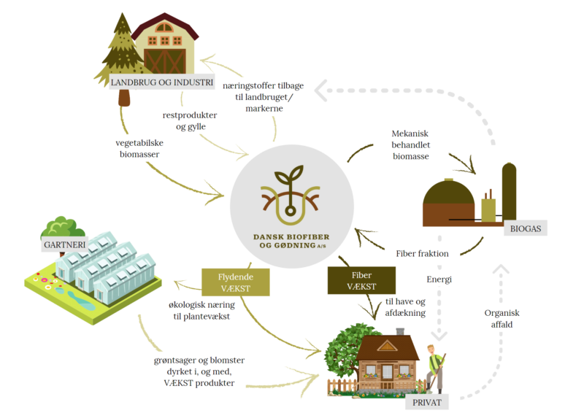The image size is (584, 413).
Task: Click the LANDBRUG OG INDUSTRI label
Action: (x=161, y=82)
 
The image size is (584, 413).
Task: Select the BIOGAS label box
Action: (x=525, y=228)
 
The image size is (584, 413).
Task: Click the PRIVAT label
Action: (x=426, y=401)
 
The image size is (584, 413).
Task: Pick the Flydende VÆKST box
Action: (x=235, y=282)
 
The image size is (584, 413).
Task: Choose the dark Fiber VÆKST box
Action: (x=361, y=280)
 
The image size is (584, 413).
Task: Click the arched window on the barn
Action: (x=164, y=28)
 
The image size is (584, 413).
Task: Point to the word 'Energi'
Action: (x=439, y=279)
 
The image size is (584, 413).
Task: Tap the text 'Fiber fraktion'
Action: (x=422, y=253)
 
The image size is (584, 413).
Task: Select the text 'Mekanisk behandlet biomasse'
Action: (x=415, y=144)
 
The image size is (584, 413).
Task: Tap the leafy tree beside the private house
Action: (x=339, y=351)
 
